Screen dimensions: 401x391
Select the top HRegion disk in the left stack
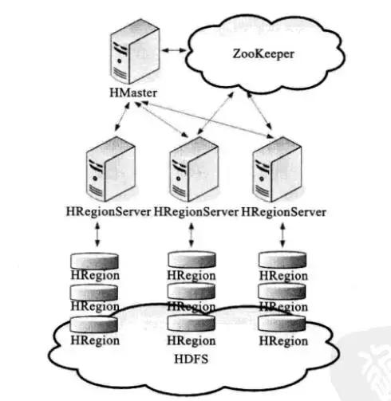coord(95,261)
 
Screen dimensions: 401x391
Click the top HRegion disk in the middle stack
coord(192,260)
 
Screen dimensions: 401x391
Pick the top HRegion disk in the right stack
coord(282,260)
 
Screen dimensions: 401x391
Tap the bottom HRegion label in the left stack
coord(95,340)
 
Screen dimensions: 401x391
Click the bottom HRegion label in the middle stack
coord(192,340)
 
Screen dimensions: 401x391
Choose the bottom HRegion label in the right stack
coord(282,340)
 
